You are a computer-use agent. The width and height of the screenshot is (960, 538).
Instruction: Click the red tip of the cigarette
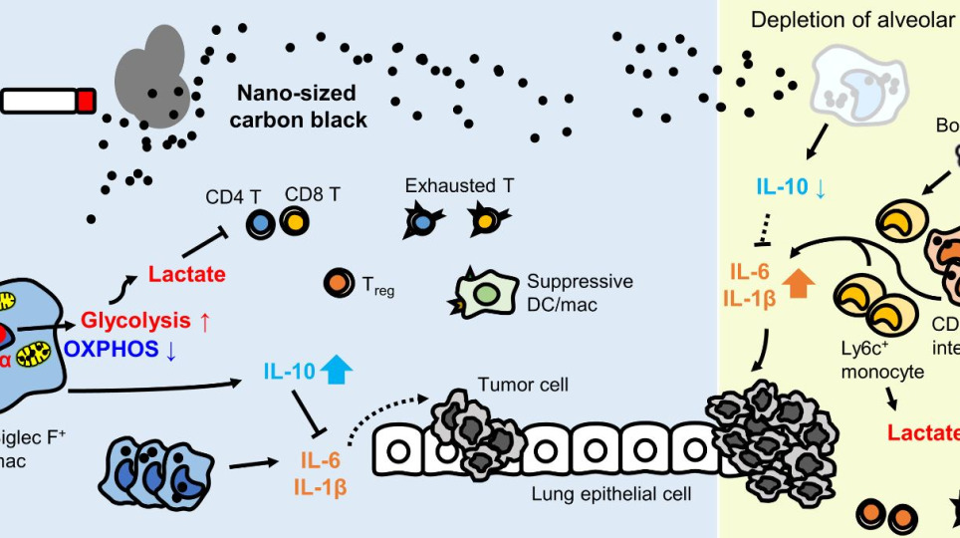tap(87, 101)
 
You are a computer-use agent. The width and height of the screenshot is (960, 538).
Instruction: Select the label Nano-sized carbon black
tap(302, 108)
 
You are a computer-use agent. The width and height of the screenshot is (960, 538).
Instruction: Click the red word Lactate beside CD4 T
tap(186, 274)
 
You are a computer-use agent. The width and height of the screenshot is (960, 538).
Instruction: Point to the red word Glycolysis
tap(135, 321)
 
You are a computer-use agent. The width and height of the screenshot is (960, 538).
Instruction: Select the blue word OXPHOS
tap(113, 349)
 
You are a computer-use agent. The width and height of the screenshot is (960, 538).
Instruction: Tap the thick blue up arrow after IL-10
tap(339, 373)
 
